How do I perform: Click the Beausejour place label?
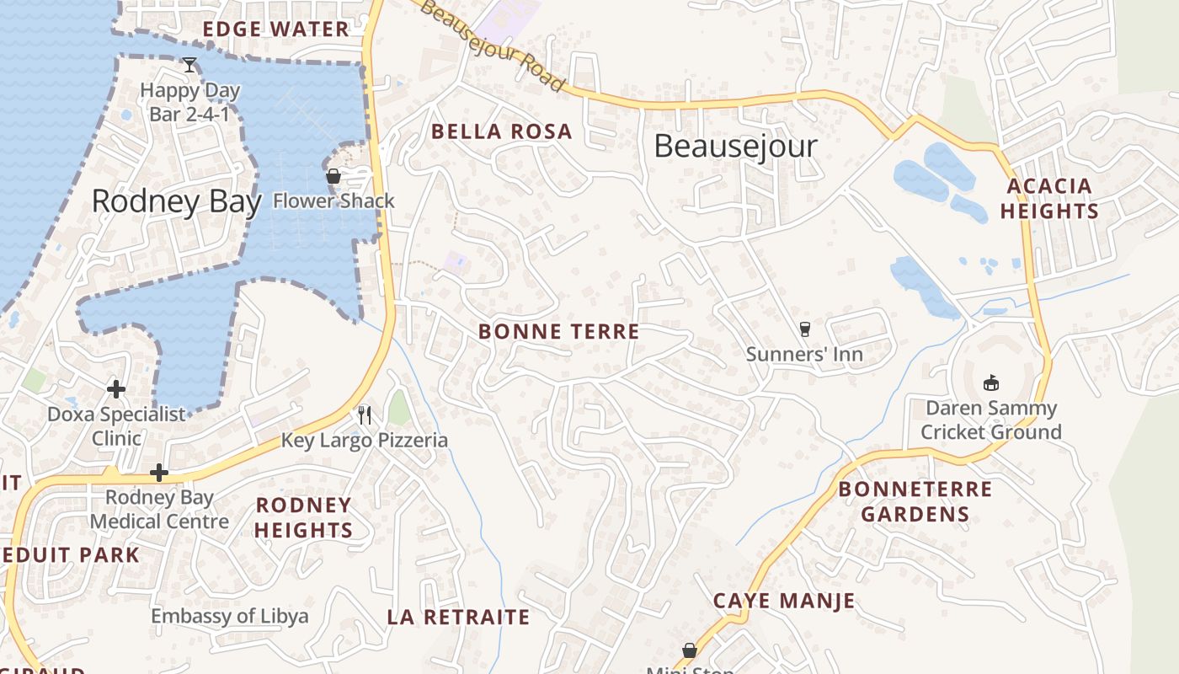click(x=735, y=147)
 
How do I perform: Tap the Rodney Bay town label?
click(x=176, y=201)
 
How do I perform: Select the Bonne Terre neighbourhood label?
click(x=559, y=332)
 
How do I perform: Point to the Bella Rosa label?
click(x=502, y=131)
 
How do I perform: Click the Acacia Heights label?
click(x=1049, y=198)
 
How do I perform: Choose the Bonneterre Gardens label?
click(x=915, y=501)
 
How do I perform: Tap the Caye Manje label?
click(x=784, y=601)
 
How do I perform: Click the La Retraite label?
click(x=459, y=617)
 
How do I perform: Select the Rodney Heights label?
click(x=303, y=517)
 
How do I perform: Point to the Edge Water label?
click(x=276, y=29)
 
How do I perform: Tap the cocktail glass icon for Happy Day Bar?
click(x=189, y=65)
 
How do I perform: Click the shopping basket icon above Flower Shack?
click(x=333, y=177)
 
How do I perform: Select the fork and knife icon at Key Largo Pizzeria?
click(x=365, y=415)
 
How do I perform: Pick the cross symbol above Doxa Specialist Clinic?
click(x=116, y=389)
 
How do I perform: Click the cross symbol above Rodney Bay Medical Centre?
click(x=158, y=473)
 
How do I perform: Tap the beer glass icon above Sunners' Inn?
click(x=804, y=329)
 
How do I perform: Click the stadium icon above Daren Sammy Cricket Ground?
click(x=990, y=383)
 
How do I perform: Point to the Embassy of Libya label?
click(x=230, y=616)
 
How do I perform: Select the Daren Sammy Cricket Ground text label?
click(x=990, y=420)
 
